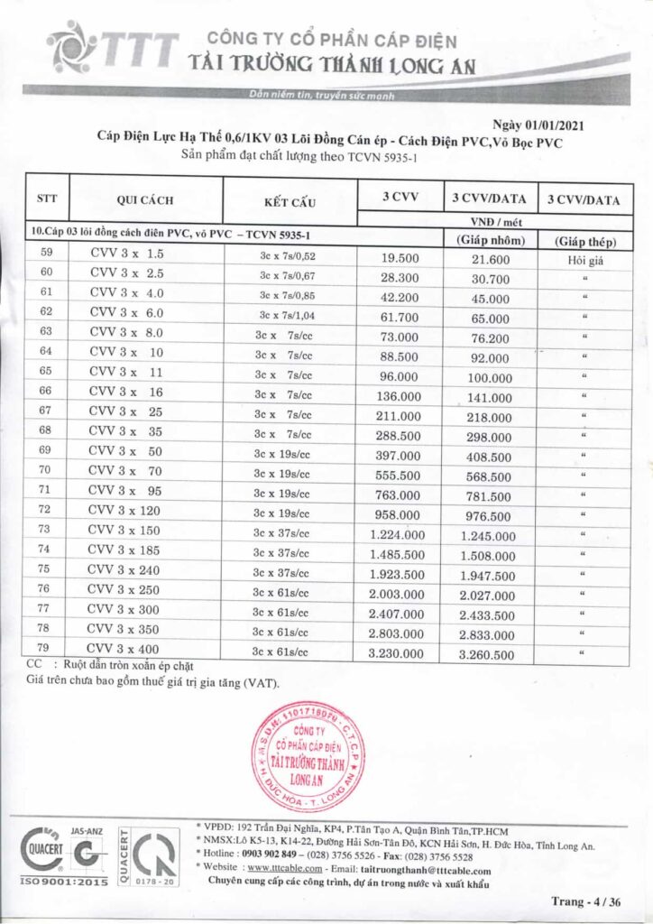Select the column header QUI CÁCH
coord(144,200)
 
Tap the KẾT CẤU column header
coord(289,200)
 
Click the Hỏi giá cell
coord(584,258)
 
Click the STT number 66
coord(47,391)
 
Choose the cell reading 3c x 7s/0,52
coord(289,256)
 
